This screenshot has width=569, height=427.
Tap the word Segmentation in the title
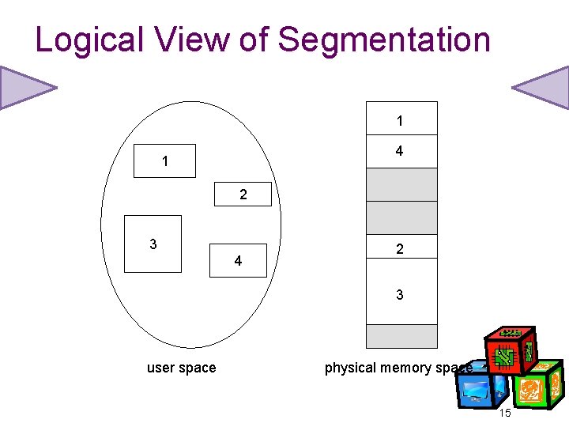click(x=384, y=40)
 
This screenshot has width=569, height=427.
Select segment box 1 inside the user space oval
click(x=164, y=161)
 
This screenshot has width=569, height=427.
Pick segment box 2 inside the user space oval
click(x=243, y=194)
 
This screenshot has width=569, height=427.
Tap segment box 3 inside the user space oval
click(x=153, y=244)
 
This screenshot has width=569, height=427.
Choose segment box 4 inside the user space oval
click(x=238, y=260)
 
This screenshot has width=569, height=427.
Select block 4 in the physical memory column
click(x=401, y=151)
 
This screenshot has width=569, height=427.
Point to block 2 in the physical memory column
click(x=401, y=248)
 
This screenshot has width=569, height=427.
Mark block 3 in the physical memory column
click(x=401, y=293)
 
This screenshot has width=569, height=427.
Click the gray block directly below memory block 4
click(x=401, y=184)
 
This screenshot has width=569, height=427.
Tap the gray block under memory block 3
click(x=401, y=336)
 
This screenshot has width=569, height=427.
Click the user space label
click(x=181, y=368)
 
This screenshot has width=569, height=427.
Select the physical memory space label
click(x=398, y=368)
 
